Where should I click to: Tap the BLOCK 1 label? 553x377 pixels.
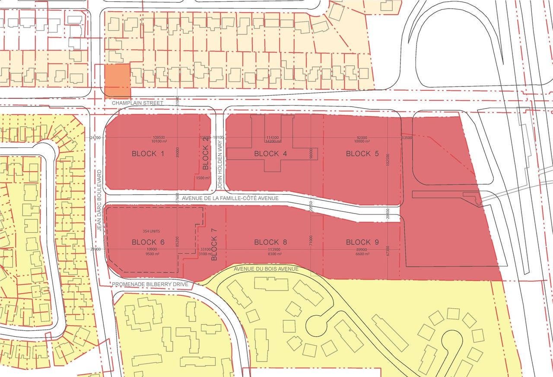click(148, 153)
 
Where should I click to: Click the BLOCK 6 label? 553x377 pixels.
click(148, 242)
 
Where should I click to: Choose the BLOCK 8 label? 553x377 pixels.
click(270, 242)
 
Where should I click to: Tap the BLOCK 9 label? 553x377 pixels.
click(362, 242)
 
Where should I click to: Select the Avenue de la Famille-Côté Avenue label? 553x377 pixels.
click(231, 198)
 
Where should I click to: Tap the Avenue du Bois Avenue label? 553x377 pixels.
click(266, 269)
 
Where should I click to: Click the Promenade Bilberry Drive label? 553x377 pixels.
click(150, 284)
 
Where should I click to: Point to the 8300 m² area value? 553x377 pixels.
click(274, 254)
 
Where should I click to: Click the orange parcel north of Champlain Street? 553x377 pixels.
click(117, 80)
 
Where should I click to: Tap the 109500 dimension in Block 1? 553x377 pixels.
click(159, 137)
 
